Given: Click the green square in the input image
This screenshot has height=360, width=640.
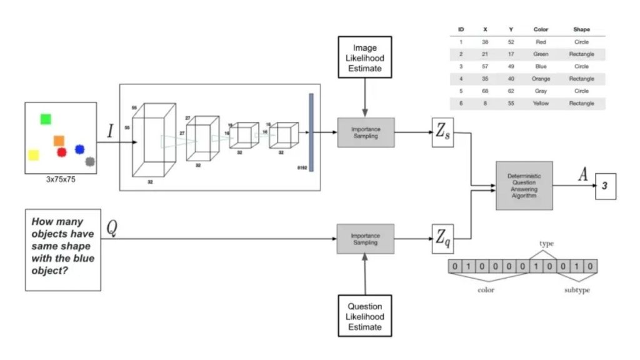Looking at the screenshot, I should (x=46, y=119).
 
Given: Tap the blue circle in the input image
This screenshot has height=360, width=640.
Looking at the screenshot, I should (x=79, y=149).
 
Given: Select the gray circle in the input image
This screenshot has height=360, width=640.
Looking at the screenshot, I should (x=90, y=162).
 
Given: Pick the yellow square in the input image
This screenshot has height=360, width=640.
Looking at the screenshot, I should (x=34, y=154).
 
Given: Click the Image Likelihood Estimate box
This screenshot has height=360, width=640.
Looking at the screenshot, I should (x=365, y=57).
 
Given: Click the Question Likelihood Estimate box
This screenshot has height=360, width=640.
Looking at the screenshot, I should (x=365, y=316).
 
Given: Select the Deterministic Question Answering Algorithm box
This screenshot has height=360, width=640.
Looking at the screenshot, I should (x=524, y=185).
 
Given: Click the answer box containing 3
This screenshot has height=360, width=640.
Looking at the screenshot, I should (x=604, y=186).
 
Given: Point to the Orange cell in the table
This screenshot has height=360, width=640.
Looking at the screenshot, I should (x=541, y=79).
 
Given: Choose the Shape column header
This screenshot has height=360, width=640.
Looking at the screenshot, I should (x=581, y=29).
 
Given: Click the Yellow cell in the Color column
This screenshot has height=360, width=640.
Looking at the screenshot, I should (x=541, y=103).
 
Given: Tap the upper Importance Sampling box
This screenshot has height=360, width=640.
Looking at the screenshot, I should (x=366, y=132).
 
